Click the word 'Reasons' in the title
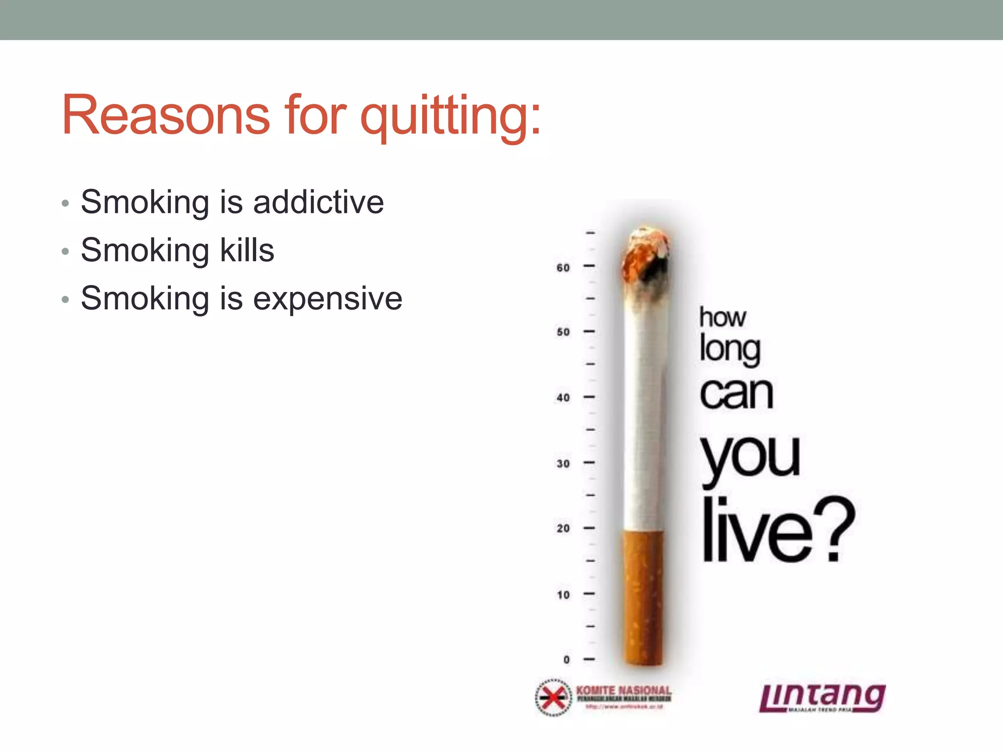(x=166, y=116)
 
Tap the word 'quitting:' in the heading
(x=451, y=117)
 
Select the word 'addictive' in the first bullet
(x=318, y=202)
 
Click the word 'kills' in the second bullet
(x=247, y=250)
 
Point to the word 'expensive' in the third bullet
(x=328, y=298)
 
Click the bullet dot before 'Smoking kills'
(x=66, y=252)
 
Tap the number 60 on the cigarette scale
(x=563, y=268)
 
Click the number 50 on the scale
(x=563, y=332)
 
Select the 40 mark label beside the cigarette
(x=563, y=398)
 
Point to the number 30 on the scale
(x=563, y=463)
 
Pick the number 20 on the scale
(x=563, y=528)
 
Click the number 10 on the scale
(x=563, y=595)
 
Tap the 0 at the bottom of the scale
(x=567, y=659)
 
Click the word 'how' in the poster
(x=722, y=317)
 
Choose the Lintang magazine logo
(x=822, y=697)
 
